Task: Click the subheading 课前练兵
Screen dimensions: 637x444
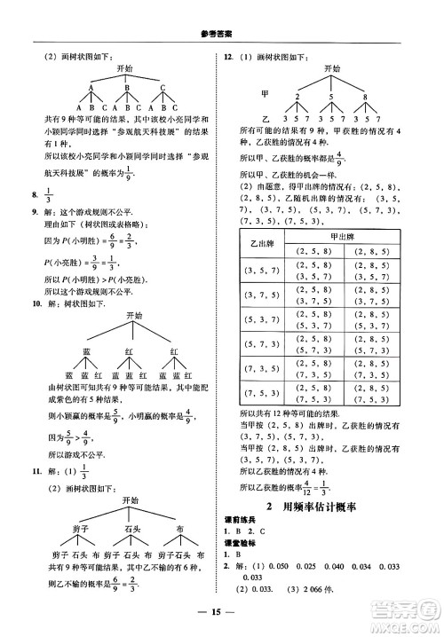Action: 239,523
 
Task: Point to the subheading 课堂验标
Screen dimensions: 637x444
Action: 239,547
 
